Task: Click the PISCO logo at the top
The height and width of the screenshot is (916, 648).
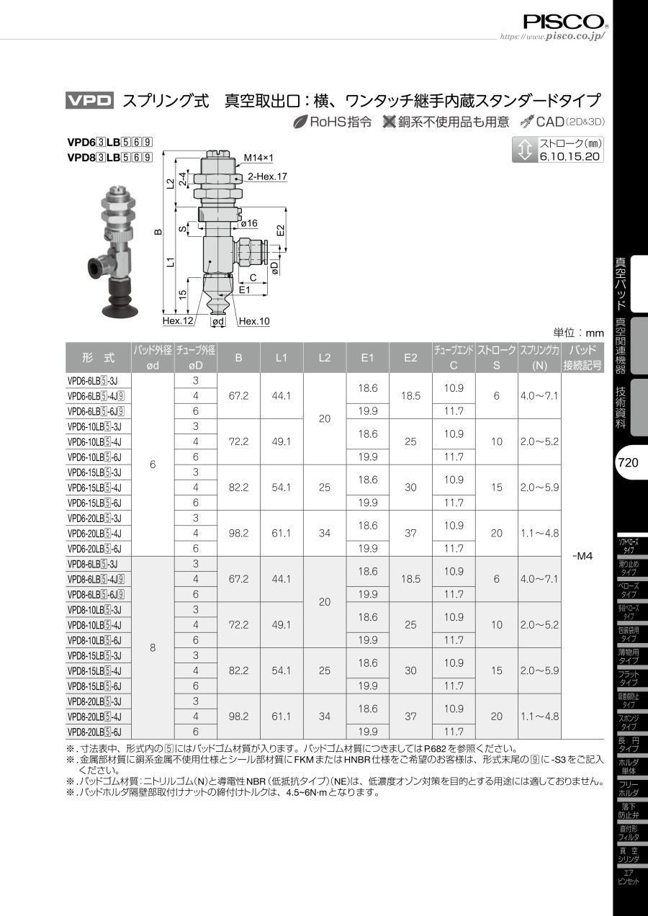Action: point(564,22)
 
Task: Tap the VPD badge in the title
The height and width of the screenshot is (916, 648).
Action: point(89,101)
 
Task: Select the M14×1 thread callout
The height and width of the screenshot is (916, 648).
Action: point(258,158)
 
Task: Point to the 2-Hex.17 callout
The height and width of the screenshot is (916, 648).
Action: point(267,176)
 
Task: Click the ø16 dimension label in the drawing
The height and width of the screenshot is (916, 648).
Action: point(249,223)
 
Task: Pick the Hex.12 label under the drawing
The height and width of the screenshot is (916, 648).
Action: point(178,321)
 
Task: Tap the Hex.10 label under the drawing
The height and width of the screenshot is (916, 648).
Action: point(254,321)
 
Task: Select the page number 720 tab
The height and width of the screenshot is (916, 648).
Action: point(629,462)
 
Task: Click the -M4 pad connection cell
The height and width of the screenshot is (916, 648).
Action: point(582,556)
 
